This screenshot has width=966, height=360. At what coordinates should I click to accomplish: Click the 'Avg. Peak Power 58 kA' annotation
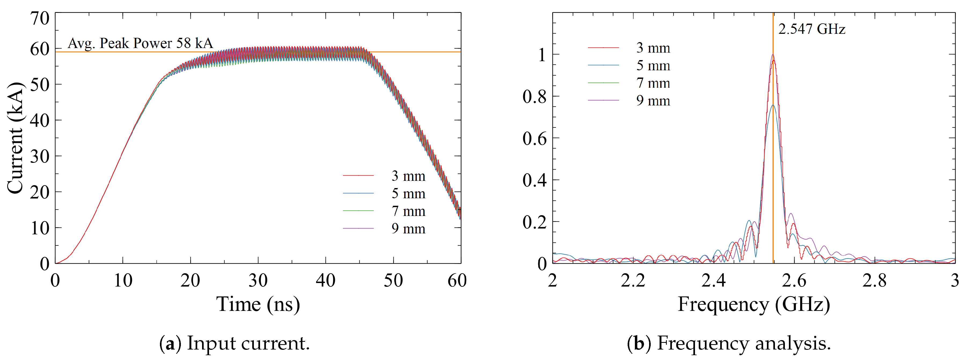pyautogui.click(x=140, y=43)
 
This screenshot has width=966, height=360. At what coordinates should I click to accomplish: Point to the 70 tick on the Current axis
pyautogui.click(x=40, y=18)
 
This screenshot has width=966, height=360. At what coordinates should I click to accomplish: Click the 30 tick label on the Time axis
pyautogui.click(x=258, y=281)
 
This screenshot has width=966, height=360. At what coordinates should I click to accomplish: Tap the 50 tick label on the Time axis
pyautogui.click(x=393, y=281)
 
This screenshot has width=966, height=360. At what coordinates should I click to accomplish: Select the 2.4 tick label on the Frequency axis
pyautogui.click(x=713, y=281)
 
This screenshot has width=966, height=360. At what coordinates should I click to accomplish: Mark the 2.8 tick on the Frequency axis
pyautogui.click(x=874, y=281)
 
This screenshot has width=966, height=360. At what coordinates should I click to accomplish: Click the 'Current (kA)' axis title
pyautogui.click(x=16, y=138)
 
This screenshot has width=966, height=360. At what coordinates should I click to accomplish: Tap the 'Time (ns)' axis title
pyautogui.click(x=258, y=304)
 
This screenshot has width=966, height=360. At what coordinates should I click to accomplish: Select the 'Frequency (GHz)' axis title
pyautogui.click(x=754, y=304)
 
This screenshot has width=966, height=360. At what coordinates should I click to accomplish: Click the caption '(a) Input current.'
pyautogui.click(x=235, y=343)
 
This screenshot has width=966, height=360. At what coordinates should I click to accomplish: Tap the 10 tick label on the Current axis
pyautogui.click(x=40, y=228)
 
